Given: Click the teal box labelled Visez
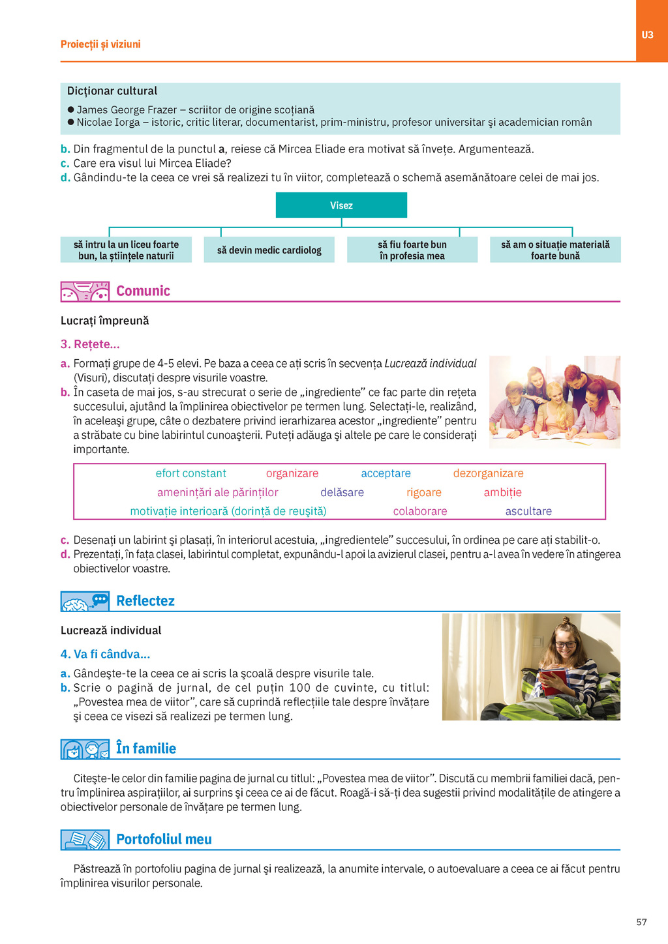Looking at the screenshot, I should (x=341, y=205).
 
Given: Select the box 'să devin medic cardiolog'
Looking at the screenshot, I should (x=269, y=250).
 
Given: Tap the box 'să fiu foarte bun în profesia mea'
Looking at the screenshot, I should (x=412, y=250).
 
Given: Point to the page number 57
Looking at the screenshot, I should (x=641, y=922).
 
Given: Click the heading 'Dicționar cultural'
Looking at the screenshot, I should (x=112, y=91).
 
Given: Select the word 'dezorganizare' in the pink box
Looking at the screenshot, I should (x=488, y=473).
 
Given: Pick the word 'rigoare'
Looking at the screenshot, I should (x=423, y=492).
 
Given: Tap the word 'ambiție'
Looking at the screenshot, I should (x=502, y=492).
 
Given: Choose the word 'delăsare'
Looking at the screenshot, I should (x=342, y=492).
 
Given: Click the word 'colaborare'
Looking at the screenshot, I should (x=420, y=511).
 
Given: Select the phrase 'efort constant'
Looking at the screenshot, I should (x=190, y=473).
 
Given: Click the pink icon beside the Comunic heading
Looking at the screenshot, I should (x=85, y=291).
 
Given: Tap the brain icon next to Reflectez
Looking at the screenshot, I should (x=85, y=601).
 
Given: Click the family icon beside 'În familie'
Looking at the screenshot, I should (x=85, y=749).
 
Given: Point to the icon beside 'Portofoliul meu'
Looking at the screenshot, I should (x=85, y=840).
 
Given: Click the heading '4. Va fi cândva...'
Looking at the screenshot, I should (x=105, y=654).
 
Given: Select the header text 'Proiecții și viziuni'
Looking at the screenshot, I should (x=100, y=44).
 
